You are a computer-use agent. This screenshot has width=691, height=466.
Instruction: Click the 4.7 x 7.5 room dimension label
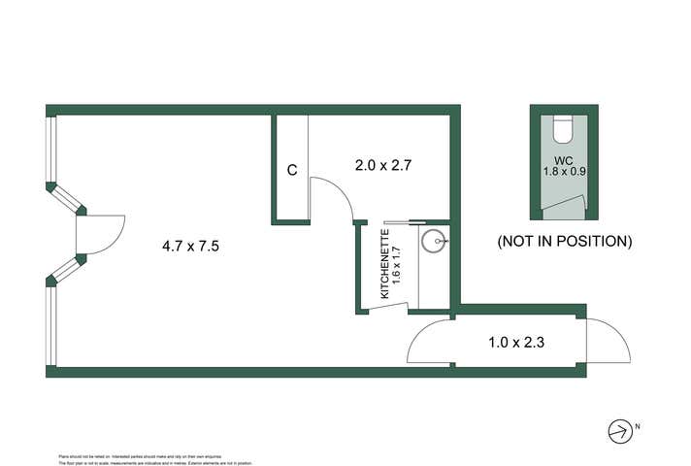tap(191, 247)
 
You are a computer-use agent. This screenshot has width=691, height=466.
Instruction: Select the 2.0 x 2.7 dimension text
tap(383, 165)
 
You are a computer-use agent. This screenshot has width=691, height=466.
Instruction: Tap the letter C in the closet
tap(291, 170)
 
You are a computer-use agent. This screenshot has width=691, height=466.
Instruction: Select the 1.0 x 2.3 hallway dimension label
tap(515, 342)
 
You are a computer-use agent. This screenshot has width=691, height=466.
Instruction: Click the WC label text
tap(564, 159)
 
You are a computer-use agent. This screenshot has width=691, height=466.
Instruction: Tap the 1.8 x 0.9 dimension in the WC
tap(564, 173)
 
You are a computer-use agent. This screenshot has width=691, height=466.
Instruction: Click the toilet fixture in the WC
tap(564, 129)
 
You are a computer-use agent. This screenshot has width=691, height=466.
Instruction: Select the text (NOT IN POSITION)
tap(564, 240)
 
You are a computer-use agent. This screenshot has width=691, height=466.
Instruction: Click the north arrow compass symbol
tap(619, 429)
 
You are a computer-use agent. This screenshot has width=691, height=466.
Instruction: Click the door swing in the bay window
tap(103, 236)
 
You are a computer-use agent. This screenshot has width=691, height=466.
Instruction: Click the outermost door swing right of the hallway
tap(609, 341)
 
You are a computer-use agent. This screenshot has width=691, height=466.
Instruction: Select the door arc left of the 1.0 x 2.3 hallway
tap(428, 341)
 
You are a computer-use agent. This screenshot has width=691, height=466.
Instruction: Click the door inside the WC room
tap(564, 206)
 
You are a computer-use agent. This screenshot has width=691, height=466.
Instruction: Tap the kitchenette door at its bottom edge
tap(385, 308)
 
